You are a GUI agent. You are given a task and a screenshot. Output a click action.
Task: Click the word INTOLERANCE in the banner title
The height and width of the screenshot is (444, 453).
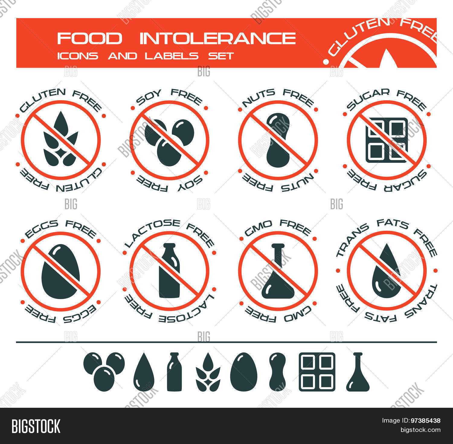tap(218, 39)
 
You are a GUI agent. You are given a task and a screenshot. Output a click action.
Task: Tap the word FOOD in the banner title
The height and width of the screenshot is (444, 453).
tap(90, 39)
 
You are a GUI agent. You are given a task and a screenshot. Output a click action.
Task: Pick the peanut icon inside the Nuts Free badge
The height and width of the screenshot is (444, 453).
tap(278, 140)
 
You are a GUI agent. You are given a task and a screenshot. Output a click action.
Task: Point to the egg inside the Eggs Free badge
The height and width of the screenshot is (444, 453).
tap(61, 272)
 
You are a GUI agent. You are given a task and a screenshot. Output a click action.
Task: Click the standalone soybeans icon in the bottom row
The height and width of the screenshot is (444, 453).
tap(104, 372)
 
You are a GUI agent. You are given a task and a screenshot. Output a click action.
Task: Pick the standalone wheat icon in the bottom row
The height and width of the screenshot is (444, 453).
tap(208, 372)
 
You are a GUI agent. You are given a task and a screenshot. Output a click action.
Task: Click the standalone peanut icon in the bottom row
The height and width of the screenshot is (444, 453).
tap(277, 372)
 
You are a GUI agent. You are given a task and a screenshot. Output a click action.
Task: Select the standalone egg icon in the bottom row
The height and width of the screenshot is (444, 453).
tap(243, 372)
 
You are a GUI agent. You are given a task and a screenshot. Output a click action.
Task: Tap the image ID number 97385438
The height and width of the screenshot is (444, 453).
tap(426, 420)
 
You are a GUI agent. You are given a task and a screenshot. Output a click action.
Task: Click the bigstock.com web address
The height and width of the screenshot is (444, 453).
tap(420, 430)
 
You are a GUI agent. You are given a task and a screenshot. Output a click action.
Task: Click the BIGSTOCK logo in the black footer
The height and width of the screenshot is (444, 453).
tap(36, 426)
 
